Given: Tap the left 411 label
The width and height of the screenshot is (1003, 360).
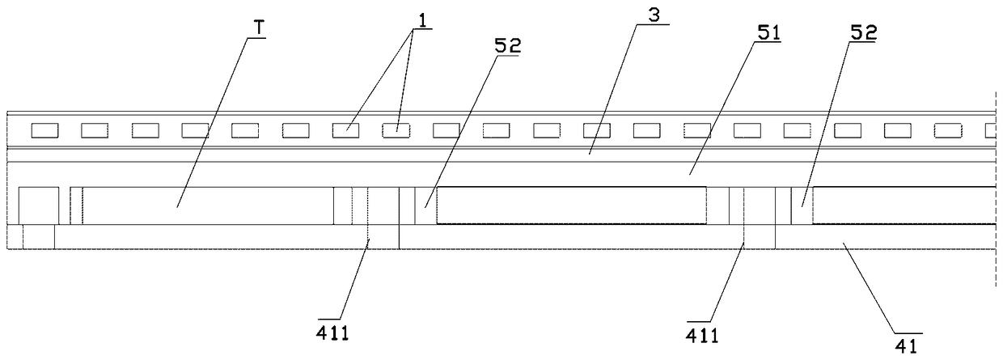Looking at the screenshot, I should tap(333, 333).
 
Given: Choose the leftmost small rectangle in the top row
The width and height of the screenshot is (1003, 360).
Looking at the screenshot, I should tap(44, 129).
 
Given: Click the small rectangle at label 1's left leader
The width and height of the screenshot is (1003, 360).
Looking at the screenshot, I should tap(346, 129).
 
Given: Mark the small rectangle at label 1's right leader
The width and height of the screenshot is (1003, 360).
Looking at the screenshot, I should tap(396, 129).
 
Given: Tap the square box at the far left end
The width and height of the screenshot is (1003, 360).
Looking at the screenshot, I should tap(39, 205).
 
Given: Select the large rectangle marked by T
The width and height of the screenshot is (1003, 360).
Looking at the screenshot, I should tap(207, 205).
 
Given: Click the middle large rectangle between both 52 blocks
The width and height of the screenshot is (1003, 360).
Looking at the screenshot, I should tap(570, 205).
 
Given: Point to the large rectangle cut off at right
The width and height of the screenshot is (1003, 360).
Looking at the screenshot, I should tap(904, 205).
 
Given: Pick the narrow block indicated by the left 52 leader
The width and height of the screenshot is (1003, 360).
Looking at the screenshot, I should tap(425, 205).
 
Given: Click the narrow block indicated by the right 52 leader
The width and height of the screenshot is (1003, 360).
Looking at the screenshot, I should tap(802, 205).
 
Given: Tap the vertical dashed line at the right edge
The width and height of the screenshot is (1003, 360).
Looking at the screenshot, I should tap(997, 267).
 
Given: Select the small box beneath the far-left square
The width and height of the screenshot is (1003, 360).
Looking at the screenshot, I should tap(39, 237).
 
